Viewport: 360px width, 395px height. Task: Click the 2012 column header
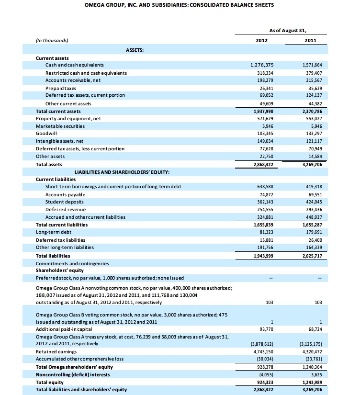[262, 41]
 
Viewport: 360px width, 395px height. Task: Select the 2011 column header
[310, 41]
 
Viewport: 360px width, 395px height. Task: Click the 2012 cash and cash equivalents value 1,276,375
[262, 65]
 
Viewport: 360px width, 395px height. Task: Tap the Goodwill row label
[46, 134]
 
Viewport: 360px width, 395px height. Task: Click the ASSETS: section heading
[135, 49]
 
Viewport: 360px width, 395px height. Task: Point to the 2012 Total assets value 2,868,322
[262, 164]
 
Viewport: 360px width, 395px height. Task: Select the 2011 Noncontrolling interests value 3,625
[316, 374]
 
